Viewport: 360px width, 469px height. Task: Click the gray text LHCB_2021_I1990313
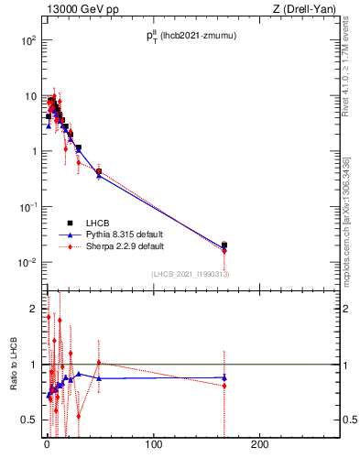pyautogui.click(x=190, y=274)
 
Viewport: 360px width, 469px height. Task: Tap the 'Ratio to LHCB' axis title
pyautogui.click(x=14, y=365)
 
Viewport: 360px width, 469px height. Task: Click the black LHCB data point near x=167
pyautogui.click(x=224, y=245)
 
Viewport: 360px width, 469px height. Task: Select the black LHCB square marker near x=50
pyautogui.click(x=99, y=171)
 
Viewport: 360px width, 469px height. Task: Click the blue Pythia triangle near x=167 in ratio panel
pyautogui.click(x=224, y=377)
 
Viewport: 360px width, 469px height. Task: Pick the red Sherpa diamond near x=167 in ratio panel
pyautogui.click(x=224, y=386)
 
